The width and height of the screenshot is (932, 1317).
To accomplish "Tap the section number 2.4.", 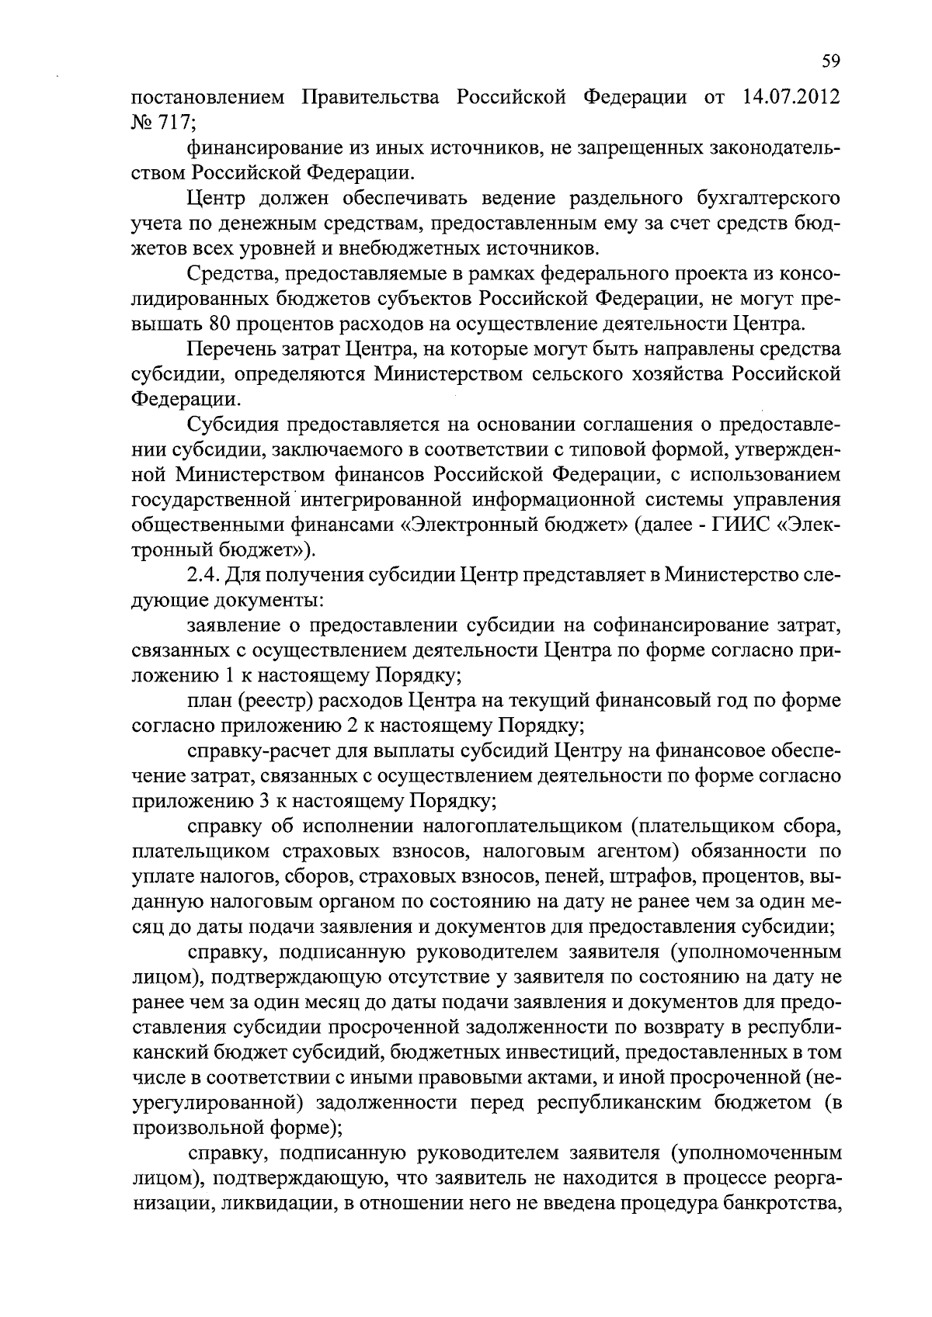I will [x=203, y=576].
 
